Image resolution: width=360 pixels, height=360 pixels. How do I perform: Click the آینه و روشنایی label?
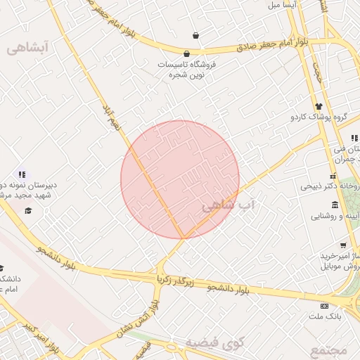333,217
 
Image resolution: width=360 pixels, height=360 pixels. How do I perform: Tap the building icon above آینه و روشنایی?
335,205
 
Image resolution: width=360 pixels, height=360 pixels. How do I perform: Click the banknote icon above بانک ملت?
324,306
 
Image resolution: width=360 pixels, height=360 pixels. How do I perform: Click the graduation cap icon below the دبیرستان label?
28,210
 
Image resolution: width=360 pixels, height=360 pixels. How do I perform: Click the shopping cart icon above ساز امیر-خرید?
342,245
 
